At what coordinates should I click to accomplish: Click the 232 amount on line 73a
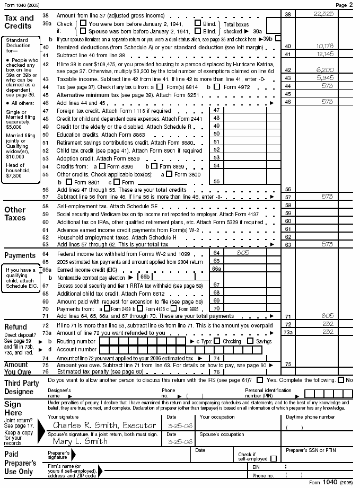pyautogui.click(x=327, y=332)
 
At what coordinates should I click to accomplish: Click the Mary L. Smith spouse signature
pyautogui.click(x=80, y=441)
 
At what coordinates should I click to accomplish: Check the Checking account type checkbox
pyautogui.click(x=218, y=341)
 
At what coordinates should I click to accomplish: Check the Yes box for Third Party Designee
pyautogui.click(x=260, y=380)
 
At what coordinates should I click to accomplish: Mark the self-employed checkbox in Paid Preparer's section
pyautogui.click(x=274, y=458)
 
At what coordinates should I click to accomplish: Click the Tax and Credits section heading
pyautogui.click(x=19, y=22)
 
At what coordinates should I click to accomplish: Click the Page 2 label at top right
pyautogui.click(x=348, y=4)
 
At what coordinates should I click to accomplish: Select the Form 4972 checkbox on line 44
pyautogui.click(x=217, y=86)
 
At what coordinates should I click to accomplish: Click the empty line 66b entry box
pyautogui.click(x=175, y=277)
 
